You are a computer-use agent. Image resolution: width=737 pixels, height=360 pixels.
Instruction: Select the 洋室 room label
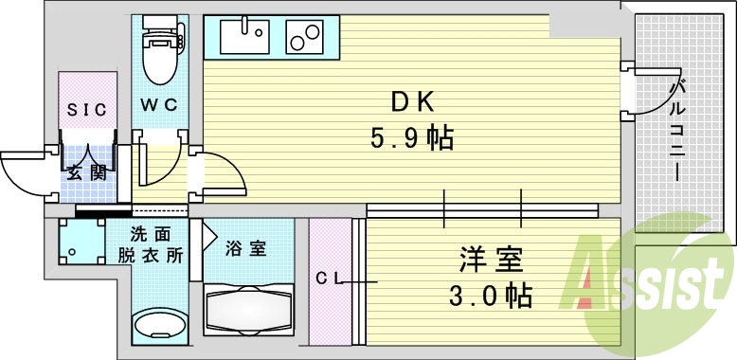point(492,258)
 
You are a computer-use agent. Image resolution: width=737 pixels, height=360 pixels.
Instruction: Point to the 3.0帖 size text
point(492,294)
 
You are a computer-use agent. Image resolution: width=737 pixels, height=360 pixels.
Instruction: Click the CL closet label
point(329,278)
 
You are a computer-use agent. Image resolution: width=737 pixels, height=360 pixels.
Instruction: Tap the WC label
point(159,104)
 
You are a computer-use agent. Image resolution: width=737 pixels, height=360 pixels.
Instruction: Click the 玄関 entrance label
point(84,171)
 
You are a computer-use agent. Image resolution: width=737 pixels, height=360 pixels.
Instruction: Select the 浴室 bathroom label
point(245,249)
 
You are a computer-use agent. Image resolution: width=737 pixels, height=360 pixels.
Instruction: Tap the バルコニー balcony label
point(677,132)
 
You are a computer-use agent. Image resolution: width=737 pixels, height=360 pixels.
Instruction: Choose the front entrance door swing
point(23,171)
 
